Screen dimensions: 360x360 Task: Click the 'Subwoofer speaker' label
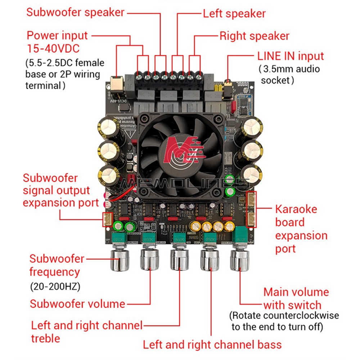(x=75, y=12)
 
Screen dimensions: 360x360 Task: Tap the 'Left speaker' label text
(x=234, y=14)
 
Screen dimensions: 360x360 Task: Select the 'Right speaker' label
(x=254, y=36)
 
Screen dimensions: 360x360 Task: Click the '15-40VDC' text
(x=53, y=48)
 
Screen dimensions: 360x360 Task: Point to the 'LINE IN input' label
(x=291, y=56)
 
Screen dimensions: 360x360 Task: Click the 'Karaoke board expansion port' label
(x=301, y=229)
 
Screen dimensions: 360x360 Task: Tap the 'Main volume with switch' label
(x=296, y=298)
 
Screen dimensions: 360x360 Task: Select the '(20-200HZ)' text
(x=55, y=287)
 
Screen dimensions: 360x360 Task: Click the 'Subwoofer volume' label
(x=77, y=304)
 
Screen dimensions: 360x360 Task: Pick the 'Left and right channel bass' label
(x=212, y=345)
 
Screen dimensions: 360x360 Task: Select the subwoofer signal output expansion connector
(x=107, y=220)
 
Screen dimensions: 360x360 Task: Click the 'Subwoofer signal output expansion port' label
(x=60, y=190)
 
